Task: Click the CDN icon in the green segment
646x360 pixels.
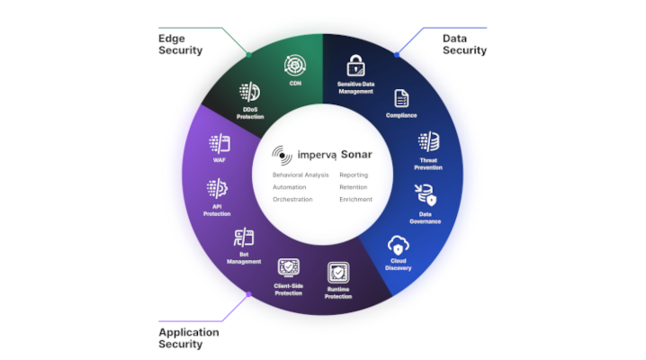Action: coord(295,65)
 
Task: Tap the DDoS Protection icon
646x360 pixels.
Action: coord(249,92)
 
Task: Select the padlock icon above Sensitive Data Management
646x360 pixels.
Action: coord(355,66)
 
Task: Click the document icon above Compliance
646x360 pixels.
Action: coord(401,98)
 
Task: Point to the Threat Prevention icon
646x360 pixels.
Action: coord(429,141)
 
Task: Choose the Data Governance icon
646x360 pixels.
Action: coord(426,194)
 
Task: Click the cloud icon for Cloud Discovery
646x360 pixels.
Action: coord(398,246)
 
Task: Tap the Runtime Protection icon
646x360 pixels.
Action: coord(338,273)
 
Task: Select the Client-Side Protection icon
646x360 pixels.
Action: coord(289,268)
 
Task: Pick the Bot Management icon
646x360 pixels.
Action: coord(244,238)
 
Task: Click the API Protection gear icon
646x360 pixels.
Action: coord(217,189)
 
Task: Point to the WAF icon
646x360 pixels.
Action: coord(220,144)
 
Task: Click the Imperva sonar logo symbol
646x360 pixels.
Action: coord(282,156)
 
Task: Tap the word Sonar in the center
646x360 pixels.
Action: coord(356,155)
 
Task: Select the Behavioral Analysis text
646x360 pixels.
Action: coord(301,175)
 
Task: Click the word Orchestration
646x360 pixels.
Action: coord(292,200)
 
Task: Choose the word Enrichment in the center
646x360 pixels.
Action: coord(356,200)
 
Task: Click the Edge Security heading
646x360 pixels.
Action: coord(181,44)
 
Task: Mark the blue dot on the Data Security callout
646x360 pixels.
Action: coord(397,55)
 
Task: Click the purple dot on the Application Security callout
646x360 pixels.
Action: coord(249,294)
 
